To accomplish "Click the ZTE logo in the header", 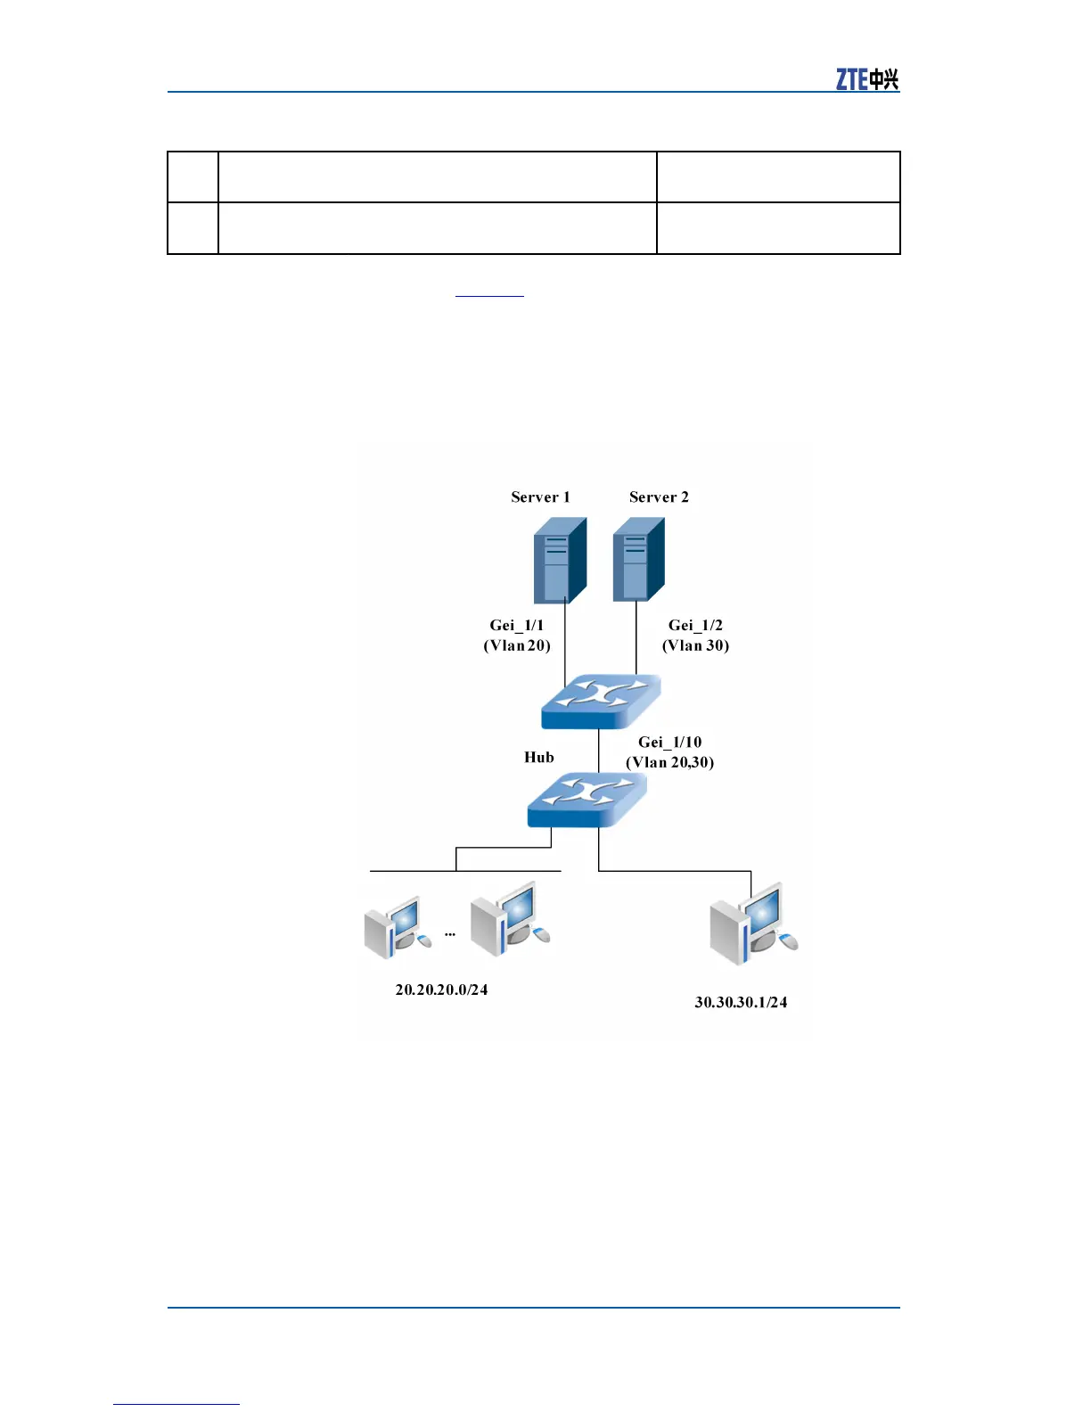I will click(866, 79).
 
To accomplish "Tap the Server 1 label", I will click(540, 497).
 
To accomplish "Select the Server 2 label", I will click(659, 497).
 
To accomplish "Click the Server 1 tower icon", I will click(559, 561).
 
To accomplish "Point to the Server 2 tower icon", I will click(638, 560).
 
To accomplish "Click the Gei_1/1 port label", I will click(516, 626).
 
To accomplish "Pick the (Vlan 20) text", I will click(517, 645).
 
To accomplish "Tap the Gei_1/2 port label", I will click(695, 626).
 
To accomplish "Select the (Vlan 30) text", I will click(695, 645).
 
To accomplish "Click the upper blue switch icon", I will click(601, 702).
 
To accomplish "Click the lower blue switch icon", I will click(587, 799).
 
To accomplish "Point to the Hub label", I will click(539, 758).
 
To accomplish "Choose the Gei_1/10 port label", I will click(669, 743).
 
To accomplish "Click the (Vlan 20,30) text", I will click(669, 762).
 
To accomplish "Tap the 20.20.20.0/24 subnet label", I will click(441, 989).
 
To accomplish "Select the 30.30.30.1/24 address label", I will click(741, 1002).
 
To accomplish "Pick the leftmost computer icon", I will click(397, 927).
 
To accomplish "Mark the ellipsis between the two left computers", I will click(450, 934).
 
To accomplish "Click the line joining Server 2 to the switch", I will click(636, 638).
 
